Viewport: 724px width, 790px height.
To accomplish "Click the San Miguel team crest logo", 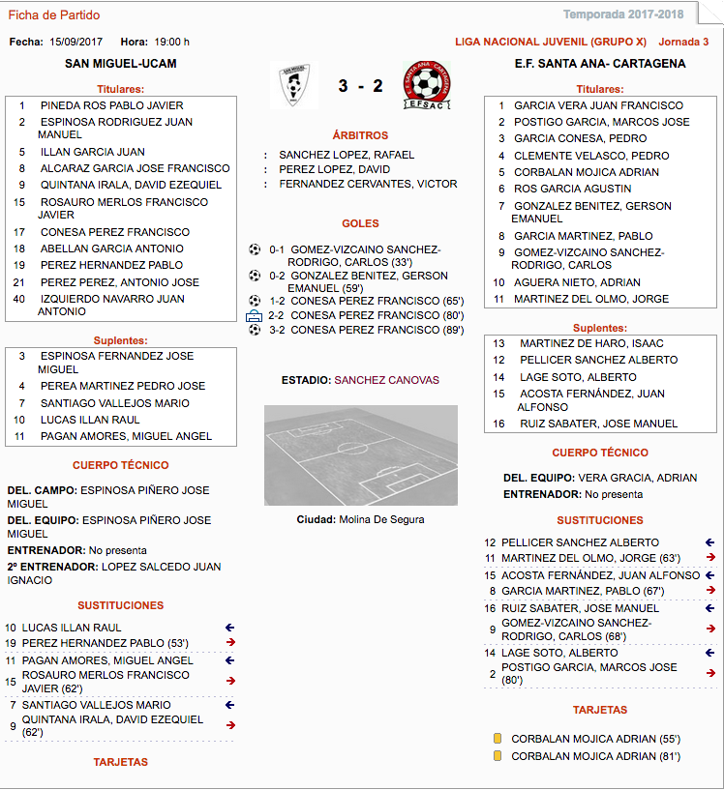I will point(288,85).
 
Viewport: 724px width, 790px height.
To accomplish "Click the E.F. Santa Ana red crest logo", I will point(426,85).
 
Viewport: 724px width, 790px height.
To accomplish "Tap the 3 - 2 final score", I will point(360,86).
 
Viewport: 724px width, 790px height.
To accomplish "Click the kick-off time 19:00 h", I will point(172,42).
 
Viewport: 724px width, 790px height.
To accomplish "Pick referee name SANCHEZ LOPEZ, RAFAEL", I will point(347,155).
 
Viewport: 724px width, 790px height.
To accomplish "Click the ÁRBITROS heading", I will point(360,135).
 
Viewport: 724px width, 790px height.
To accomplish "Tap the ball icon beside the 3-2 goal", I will point(255,330).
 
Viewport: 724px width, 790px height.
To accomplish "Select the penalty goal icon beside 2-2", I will point(255,315).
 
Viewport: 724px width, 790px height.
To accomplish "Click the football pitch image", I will point(361,455).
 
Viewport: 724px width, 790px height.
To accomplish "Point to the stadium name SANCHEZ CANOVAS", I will point(386,380).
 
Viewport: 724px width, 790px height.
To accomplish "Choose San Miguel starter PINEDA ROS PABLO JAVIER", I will point(111,105).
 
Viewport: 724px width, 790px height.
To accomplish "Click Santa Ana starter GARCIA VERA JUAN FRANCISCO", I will point(598,105).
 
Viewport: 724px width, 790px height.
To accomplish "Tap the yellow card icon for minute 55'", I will point(498,739).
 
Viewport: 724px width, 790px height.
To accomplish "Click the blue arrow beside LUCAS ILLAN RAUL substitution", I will point(229,628).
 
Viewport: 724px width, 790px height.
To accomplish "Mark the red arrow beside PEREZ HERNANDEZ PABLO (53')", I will point(229,643).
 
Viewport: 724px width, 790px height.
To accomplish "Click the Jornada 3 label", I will point(683,42).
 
